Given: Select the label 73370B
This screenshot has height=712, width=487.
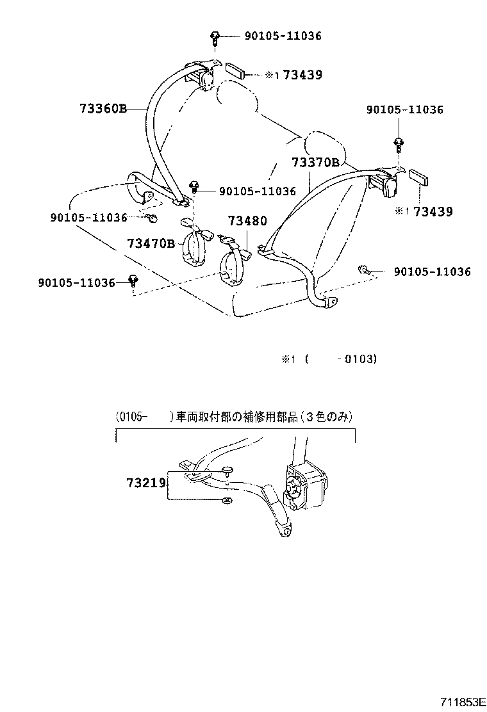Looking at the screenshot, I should [316, 163].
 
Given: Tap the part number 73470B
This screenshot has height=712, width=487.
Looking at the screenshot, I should [151, 243].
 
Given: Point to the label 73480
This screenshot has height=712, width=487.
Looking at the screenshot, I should [247, 222].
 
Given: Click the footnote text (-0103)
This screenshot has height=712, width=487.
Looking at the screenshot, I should [341, 359].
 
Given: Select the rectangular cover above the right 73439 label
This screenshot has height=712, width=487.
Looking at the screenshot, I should [419, 177].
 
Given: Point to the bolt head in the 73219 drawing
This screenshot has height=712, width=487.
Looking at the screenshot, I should [228, 471].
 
